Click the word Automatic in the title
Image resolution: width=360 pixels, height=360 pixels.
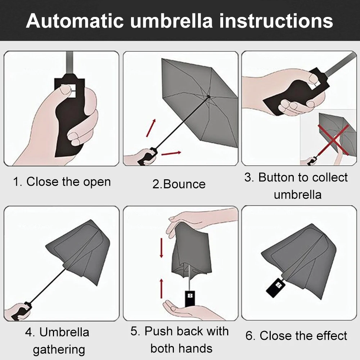click(75, 21)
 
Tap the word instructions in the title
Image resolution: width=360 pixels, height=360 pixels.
click(276, 21)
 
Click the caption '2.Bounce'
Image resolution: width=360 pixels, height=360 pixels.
click(179, 184)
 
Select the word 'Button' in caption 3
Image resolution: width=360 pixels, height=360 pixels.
click(276, 177)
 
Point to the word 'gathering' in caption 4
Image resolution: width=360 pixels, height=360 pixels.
click(59, 350)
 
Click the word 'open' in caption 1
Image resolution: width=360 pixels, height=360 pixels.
click(97, 182)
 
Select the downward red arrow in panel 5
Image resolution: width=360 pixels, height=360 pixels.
click(161, 248)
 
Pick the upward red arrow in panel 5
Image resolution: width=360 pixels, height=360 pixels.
click(161, 288)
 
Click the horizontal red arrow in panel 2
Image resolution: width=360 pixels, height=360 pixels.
click(171, 153)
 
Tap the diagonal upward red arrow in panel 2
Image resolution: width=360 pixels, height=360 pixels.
click(151, 128)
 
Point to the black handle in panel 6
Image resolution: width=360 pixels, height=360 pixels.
click(276, 287)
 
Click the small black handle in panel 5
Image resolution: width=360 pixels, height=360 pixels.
click(190, 298)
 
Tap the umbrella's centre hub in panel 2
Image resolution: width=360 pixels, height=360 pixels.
click(208, 96)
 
